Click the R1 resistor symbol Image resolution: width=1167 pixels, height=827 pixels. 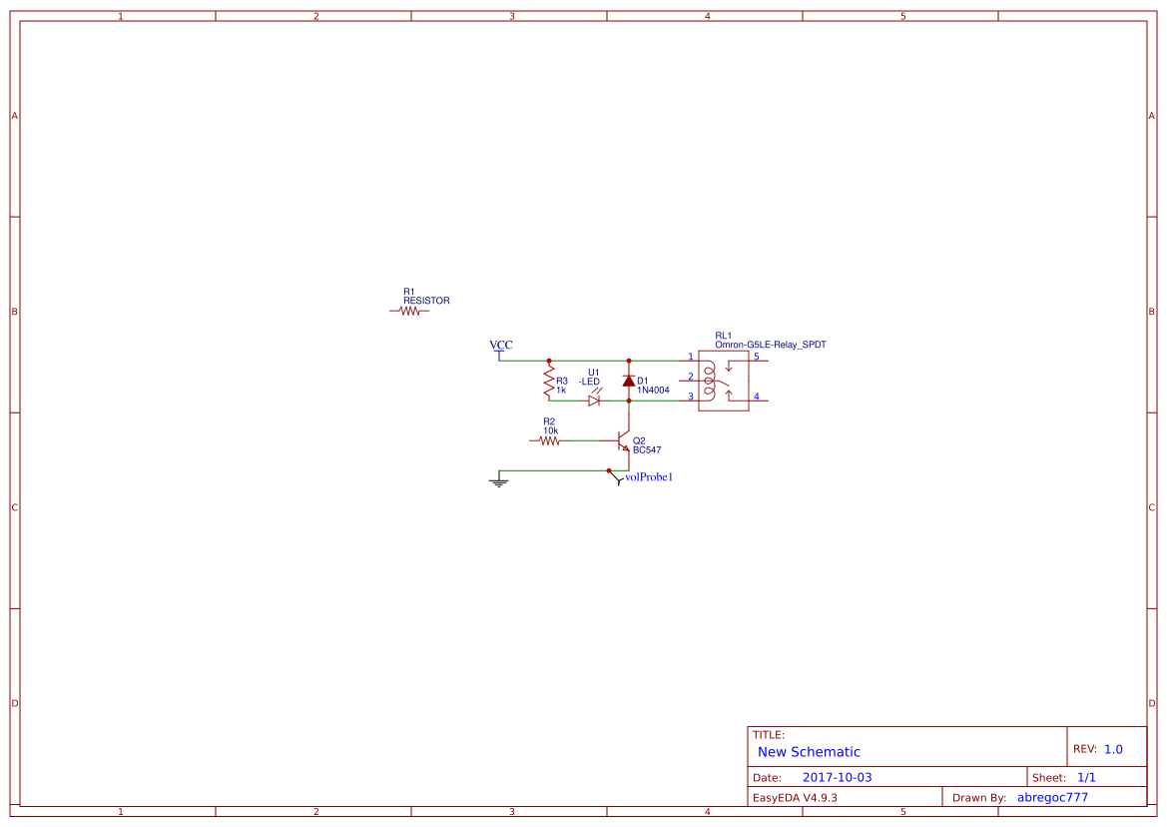(409, 311)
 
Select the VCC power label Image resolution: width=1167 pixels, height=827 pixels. (500, 346)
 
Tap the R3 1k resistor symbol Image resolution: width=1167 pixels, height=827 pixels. (548, 380)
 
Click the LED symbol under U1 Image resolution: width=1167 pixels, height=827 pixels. (594, 400)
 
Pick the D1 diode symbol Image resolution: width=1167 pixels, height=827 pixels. (629, 381)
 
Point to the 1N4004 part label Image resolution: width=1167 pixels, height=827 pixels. (653, 390)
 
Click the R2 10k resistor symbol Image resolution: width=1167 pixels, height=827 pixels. (548, 439)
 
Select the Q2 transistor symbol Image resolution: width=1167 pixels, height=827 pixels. (624, 440)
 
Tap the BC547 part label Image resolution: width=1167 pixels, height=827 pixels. (647, 449)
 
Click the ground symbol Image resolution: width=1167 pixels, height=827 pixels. (499, 482)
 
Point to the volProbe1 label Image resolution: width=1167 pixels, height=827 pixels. (649, 477)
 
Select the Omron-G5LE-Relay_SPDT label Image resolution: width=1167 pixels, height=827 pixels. (770, 345)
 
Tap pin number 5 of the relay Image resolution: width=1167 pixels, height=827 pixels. (756, 356)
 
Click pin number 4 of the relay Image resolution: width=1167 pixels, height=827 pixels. (756, 397)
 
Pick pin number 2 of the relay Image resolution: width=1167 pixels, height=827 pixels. (690, 377)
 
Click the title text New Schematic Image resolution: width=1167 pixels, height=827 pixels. (809, 752)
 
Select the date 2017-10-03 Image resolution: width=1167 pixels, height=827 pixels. (837, 777)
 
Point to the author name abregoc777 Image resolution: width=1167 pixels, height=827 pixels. (1052, 797)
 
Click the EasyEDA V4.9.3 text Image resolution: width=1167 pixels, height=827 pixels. (795, 797)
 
